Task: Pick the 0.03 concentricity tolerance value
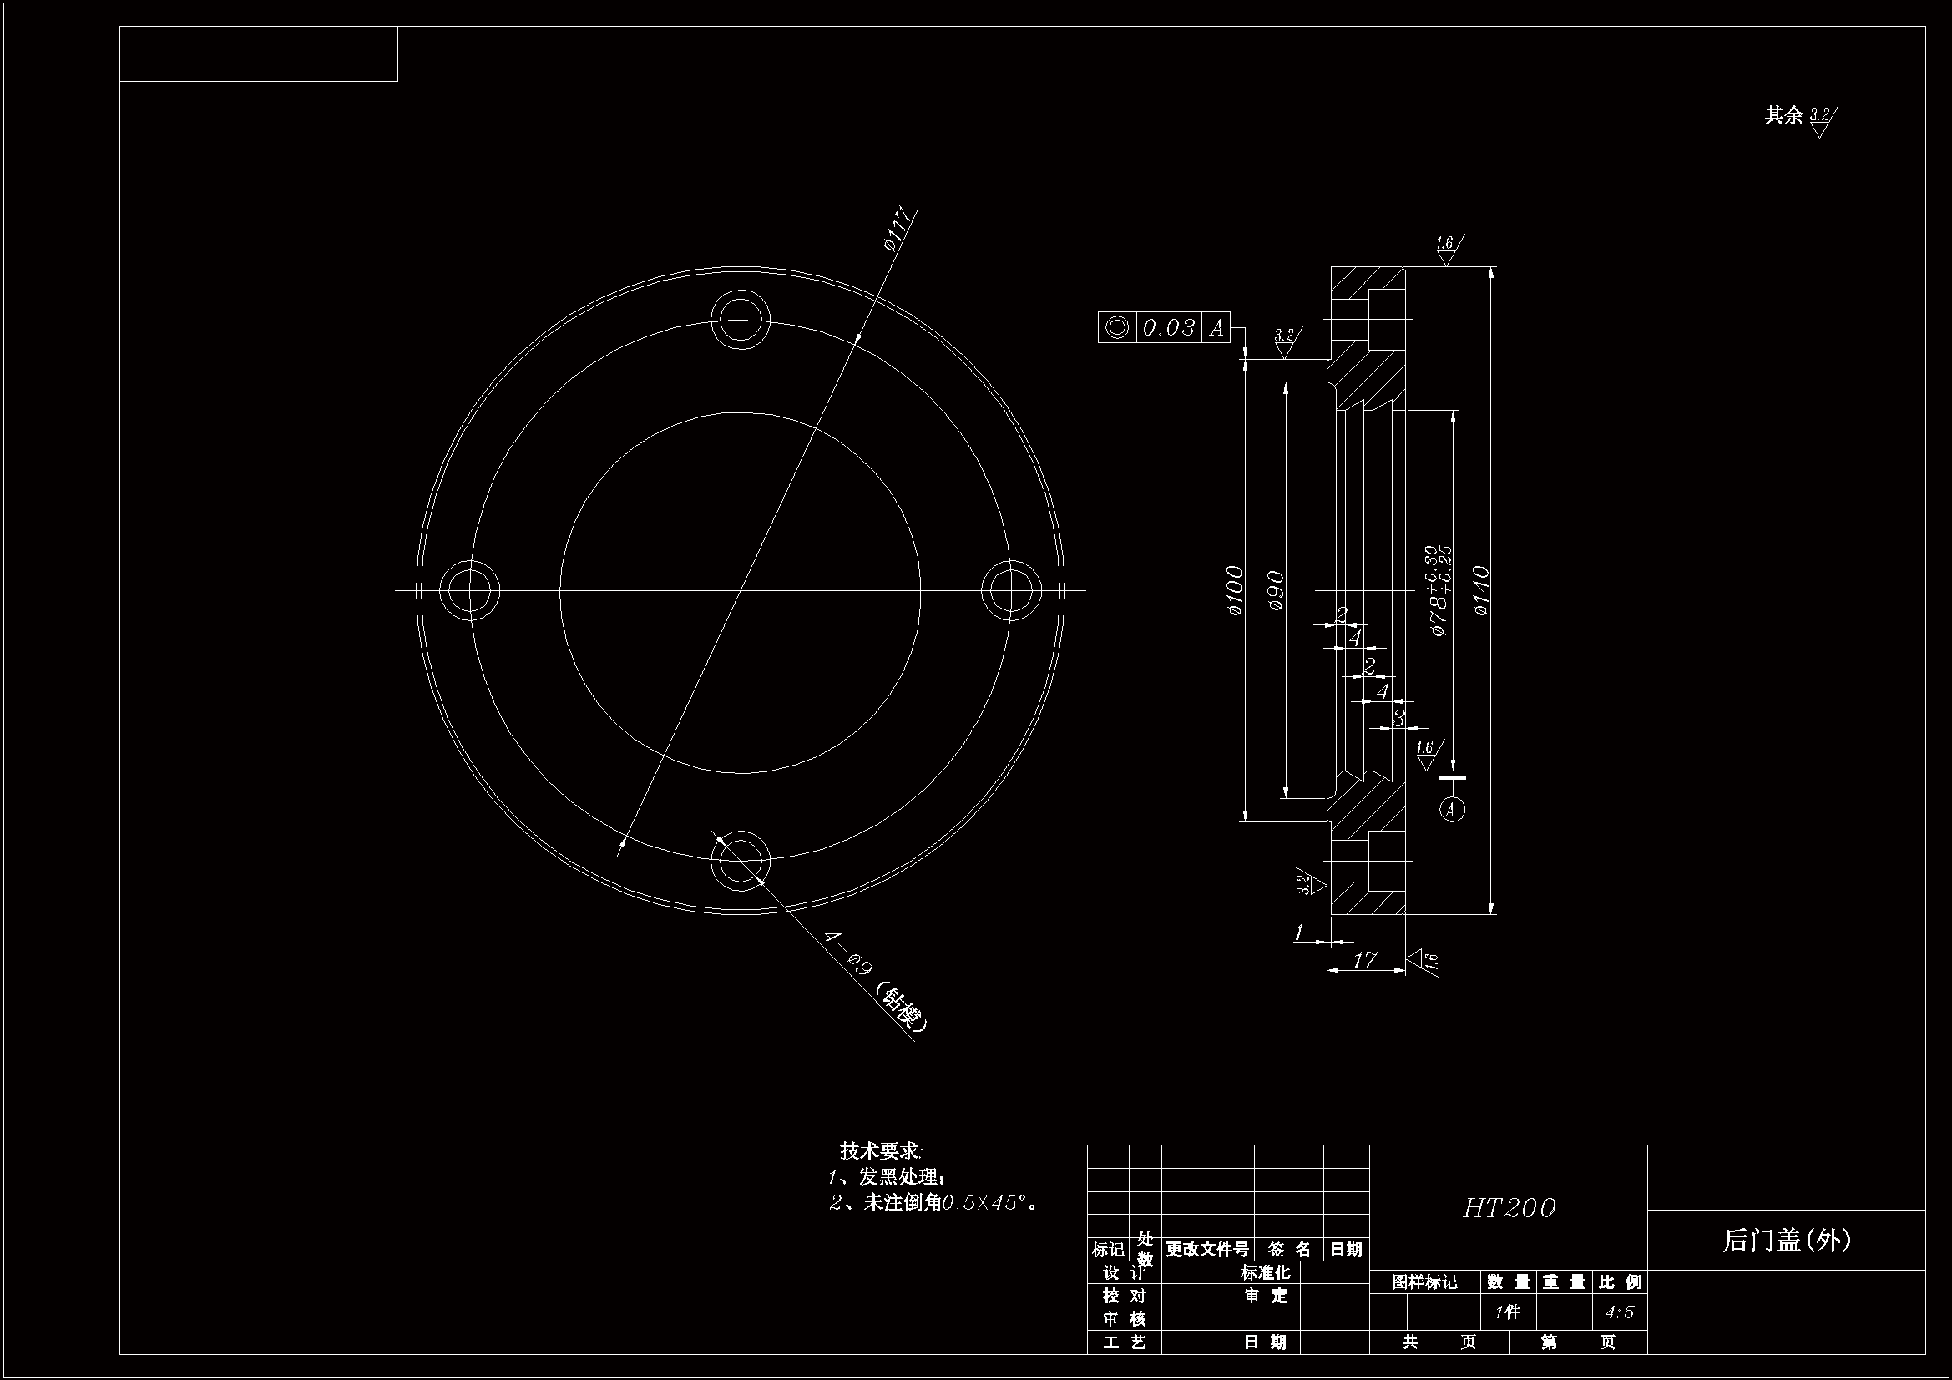(x=1168, y=327)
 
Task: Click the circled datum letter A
(x=1452, y=809)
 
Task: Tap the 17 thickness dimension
(x=1363, y=959)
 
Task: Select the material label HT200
(x=1509, y=1207)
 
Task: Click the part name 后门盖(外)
(x=1786, y=1241)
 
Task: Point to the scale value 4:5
(x=1620, y=1312)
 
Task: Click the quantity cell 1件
(x=1507, y=1312)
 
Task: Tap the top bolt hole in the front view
(x=741, y=320)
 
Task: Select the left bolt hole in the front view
(x=470, y=590)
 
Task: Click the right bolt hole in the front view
(x=1012, y=590)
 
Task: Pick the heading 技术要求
(x=881, y=1150)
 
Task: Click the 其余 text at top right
(x=1783, y=116)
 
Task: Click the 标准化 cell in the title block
(x=1265, y=1273)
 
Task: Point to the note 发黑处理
(x=899, y=1177)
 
